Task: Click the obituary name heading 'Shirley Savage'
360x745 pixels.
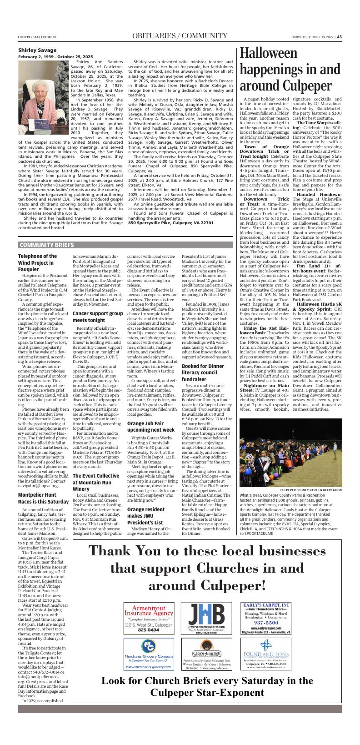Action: (37, 50)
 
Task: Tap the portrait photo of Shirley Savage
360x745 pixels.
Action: (44, 93)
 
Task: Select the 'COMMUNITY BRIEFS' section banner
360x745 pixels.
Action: (46, 245)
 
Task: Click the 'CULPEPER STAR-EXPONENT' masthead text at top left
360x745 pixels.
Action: (37, 37)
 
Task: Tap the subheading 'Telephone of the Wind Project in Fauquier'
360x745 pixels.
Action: (38, 263)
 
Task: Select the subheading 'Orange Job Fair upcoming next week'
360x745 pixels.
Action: (150, 426)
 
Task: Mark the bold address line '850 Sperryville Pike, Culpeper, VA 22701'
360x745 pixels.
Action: (171, 222)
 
